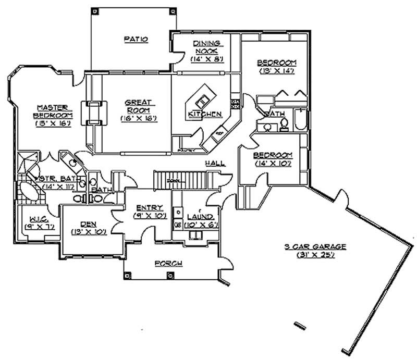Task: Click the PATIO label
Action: (x=137, y=39)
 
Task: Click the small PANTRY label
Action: (x=186, y=150)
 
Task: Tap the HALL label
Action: (x=215, y=163)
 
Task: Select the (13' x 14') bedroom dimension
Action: (x=276, y=71)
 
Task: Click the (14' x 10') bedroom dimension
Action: (x=273, y=164)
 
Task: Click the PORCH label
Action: (x=168, y=264)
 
